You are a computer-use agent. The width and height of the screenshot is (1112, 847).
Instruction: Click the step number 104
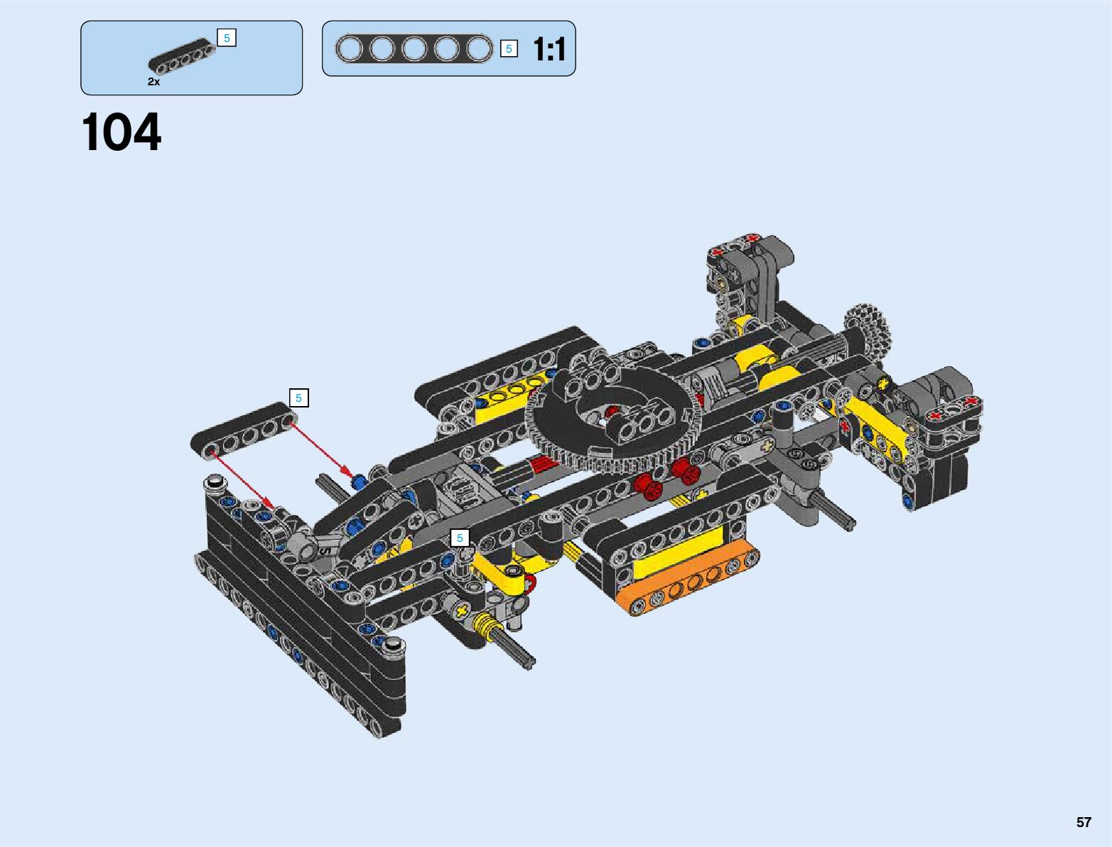pos(121,132)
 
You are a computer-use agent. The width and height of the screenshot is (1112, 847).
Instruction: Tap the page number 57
pos(1084,822)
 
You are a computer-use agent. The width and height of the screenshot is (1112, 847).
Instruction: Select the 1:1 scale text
pos(549,50)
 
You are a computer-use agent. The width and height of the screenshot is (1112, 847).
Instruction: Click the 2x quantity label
pos(153,82)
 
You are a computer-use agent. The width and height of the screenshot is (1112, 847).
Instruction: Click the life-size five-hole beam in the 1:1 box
pos(414,48)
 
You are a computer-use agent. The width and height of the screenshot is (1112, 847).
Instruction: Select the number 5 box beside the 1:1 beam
pos(509,48)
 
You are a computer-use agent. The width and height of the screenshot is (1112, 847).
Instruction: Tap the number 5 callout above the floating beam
pos(299,398)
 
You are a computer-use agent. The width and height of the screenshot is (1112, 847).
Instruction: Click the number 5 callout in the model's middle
pos(460,538)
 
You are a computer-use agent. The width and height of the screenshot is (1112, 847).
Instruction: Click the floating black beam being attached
pos(244,431)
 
